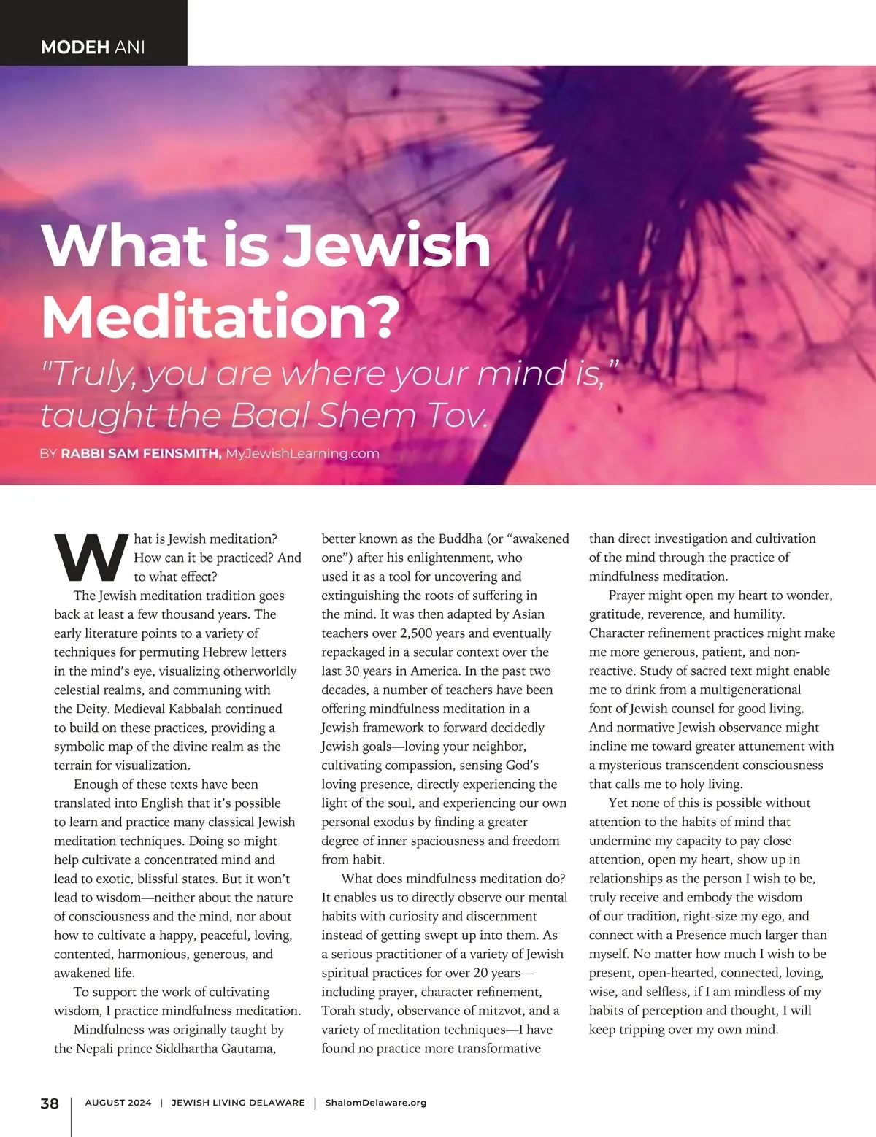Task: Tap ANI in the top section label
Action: tap(129, 47)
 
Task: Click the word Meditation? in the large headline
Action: tap(221, 316)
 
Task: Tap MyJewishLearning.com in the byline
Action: tap(302, 453)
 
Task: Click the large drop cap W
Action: tap(91, 559)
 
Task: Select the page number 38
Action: tap(50, 1103)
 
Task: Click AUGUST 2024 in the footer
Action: tap(118, 1103)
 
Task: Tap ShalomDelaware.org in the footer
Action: tap(375, 1103)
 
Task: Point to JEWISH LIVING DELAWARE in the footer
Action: tap(238, 1103)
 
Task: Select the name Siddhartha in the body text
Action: tap(191, 1049)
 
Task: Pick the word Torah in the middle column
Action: tap(339, 1011)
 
